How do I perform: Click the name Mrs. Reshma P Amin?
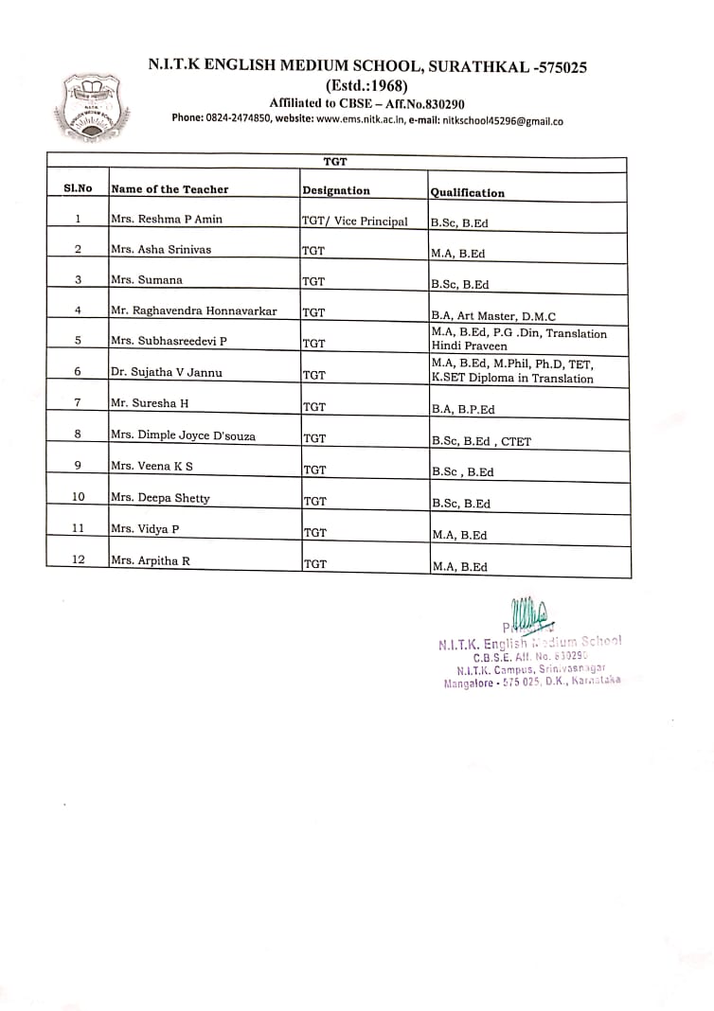tap(167, 220)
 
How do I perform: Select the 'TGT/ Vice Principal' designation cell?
tap(354, 222)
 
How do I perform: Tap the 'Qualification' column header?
tap(468, 193)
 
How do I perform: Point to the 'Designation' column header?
tap(336, 190)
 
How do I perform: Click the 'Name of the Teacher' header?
tap(170, 189)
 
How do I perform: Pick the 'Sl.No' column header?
tap(78, 188)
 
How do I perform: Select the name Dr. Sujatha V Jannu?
tap(167, 373)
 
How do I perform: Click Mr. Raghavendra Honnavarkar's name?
tap(194, 310)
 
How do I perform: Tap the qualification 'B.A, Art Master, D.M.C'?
tap(493, 316)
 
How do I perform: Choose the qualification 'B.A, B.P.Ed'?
tap(463, 410)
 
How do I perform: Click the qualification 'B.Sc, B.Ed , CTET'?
tap(481, 441)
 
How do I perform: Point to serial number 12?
tap(78, 559)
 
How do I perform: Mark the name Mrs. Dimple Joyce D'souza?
tap(183, 436)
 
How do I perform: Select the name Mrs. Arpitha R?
tap(151, 560)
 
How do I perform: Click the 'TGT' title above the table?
tap(335, 163)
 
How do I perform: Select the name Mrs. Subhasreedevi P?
tap(170, 341)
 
